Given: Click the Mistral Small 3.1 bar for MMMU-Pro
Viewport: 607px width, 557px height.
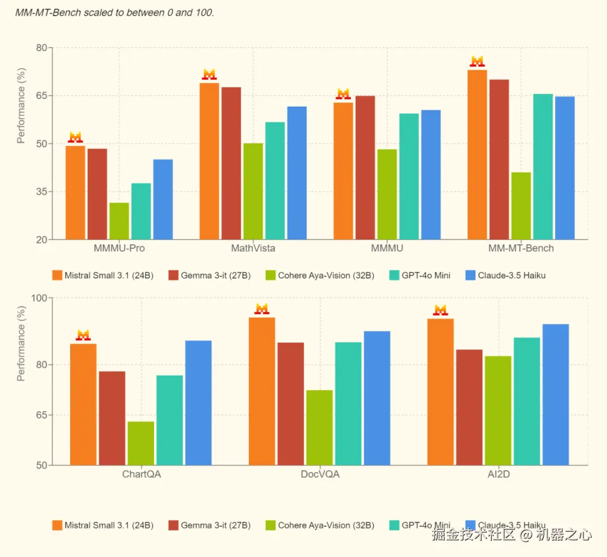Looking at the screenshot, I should click(75, 193).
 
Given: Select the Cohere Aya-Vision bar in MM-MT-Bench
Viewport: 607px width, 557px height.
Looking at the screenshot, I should click(521, 206).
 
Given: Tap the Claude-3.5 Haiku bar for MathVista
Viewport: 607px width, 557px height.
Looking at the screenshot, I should click(297, 173).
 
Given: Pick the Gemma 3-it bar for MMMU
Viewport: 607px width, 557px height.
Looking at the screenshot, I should click(365, 168).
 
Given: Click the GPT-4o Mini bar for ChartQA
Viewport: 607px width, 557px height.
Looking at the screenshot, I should click(169, 420).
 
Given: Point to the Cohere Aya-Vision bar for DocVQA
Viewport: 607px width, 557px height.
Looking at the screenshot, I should click(319, 427).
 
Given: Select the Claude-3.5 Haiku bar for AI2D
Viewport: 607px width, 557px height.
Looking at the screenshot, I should click(555, 395).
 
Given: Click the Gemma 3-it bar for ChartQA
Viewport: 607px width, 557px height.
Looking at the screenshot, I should click(112, 418).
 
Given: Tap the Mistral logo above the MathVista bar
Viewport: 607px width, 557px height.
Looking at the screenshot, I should click(209, 75).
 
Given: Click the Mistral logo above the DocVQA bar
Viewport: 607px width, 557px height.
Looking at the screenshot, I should click(262, 309).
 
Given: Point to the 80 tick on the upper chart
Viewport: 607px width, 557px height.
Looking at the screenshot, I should click(41, 48).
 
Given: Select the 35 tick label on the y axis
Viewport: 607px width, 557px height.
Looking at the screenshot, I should click(41, 191).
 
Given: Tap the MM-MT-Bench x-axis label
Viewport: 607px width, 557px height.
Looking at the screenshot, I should click(521, 248).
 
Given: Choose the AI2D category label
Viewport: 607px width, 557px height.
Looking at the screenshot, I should click(499, 475).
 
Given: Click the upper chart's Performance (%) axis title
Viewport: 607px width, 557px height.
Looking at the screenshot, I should click(21, 106).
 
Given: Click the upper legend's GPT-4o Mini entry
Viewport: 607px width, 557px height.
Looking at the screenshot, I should click(420, 275).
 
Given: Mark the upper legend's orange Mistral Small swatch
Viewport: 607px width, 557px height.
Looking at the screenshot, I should click(57, 275).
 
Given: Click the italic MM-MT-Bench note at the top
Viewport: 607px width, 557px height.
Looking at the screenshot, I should click(115, 12).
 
